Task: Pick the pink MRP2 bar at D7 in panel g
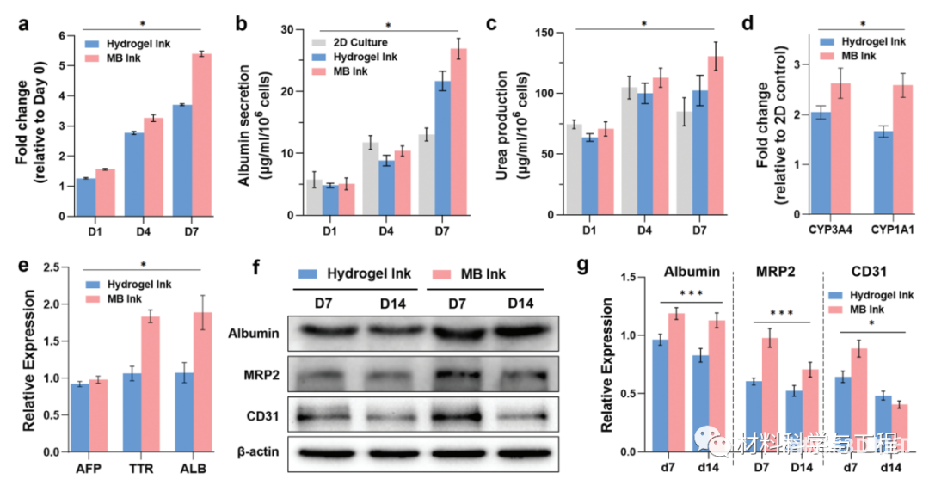(771, 395)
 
